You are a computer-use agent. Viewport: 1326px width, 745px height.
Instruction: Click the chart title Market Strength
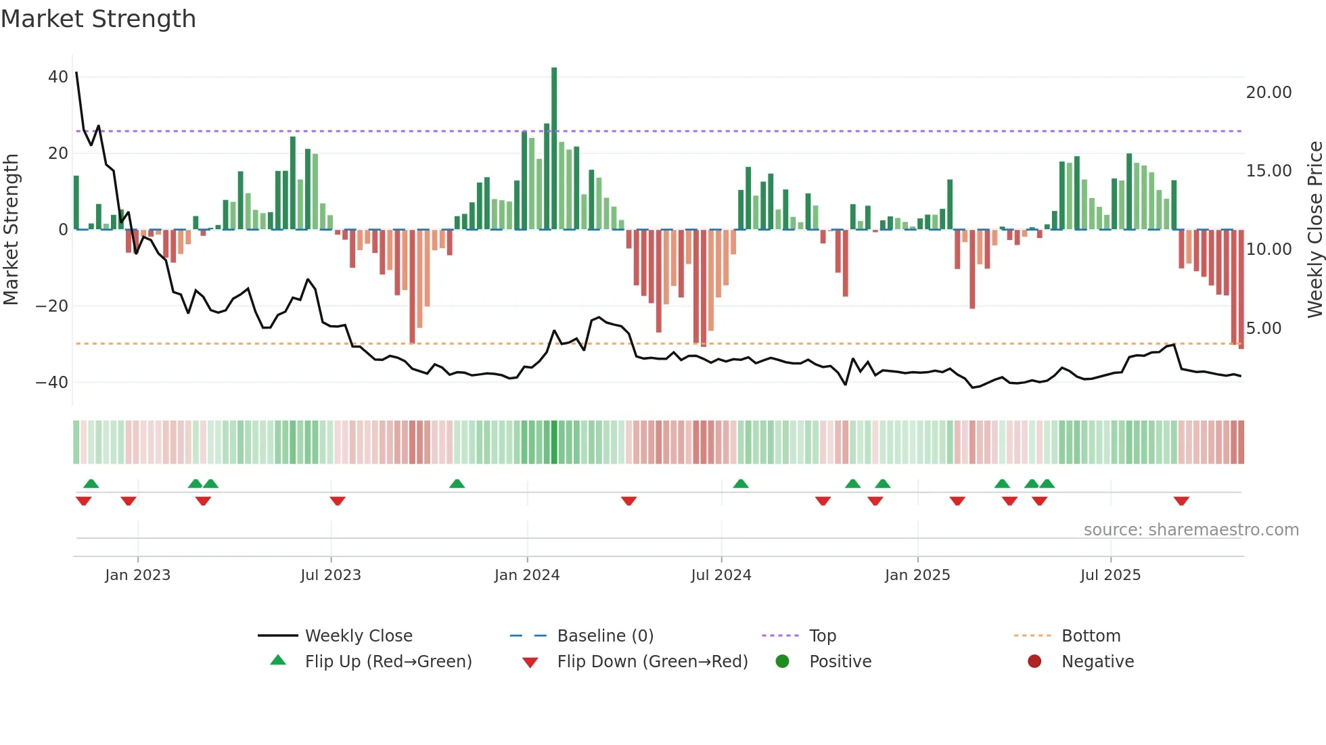(x=98, y=19)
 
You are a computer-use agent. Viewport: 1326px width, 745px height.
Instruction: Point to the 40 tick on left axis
(x=58, y=77)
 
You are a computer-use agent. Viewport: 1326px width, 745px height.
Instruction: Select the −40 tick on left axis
(x=52, y=383)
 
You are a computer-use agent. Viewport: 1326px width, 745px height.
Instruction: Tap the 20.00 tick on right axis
(x=1268, y=93)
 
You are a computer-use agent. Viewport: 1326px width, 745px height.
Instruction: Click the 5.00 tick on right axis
(x=1263, y=329)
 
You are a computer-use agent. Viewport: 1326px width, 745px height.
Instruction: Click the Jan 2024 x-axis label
(x=527, y=575)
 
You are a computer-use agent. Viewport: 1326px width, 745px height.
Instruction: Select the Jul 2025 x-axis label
(x=1110, y=575)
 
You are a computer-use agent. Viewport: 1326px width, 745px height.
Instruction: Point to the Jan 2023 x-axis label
(x=138, y=575)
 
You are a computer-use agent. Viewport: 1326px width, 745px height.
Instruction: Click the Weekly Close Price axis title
(x=1314, y=230)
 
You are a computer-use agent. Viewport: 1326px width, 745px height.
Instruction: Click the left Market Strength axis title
(x=11, y=230)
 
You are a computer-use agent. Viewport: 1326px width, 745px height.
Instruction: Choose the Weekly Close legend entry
(x=358, y=636)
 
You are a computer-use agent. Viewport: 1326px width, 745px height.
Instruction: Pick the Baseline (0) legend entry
(x=605, y=636)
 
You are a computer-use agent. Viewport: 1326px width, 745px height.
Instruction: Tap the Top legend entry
(x=823, y=636)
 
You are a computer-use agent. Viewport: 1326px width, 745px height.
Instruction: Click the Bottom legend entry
(x=1091, y=636)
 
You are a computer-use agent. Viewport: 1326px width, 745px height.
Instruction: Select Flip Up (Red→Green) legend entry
(x=388, y=662)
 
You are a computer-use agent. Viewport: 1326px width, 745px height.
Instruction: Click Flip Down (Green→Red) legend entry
(x=652, y=662)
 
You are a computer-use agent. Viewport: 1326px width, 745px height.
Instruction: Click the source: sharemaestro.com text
(x=1191, y=530)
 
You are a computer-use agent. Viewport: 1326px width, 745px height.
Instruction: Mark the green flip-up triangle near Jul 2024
(x=741, y=483)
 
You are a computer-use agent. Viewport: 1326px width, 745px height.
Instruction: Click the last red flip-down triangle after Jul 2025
(x=1181, y=501)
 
